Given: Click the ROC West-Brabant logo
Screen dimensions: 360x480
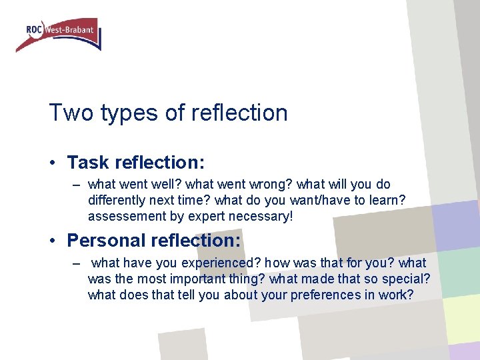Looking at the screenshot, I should coord(59,35).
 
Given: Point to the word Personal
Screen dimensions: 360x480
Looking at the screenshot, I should coord(107,240).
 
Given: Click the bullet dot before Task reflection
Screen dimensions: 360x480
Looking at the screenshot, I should coord(54,163).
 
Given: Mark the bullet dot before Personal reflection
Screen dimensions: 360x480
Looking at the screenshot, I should coord(54,241).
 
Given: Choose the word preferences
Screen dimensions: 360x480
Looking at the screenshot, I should coord(323,295).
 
